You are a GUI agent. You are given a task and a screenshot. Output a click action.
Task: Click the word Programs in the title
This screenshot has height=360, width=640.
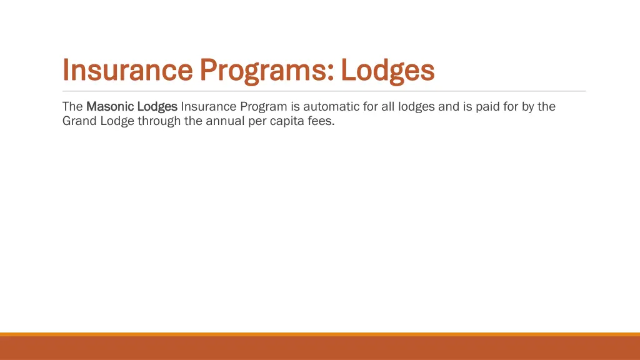(266, 71)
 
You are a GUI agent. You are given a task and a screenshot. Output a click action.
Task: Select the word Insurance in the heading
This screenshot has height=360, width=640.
(127, 71)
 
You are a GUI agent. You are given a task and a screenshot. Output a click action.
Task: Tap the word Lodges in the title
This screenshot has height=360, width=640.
(387, 71)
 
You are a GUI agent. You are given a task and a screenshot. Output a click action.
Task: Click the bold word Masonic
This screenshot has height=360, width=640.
(110, 106)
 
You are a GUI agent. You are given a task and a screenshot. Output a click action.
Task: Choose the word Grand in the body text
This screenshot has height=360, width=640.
(77, 121)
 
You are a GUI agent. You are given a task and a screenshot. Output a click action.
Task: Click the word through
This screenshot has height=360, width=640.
(159, 121)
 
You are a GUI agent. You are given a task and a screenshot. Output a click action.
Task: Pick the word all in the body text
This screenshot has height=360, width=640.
(387, 106)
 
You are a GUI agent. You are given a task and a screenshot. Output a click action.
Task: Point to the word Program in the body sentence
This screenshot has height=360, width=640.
(263, 106)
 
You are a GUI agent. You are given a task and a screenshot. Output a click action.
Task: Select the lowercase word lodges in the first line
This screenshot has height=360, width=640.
(416, 106)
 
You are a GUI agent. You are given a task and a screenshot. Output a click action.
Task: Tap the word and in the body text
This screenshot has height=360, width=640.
(449, 106)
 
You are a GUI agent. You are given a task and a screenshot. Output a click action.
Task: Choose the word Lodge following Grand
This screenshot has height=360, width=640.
(115, 121)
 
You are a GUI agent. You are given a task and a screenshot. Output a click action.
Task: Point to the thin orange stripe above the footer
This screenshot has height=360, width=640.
(320, 334)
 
